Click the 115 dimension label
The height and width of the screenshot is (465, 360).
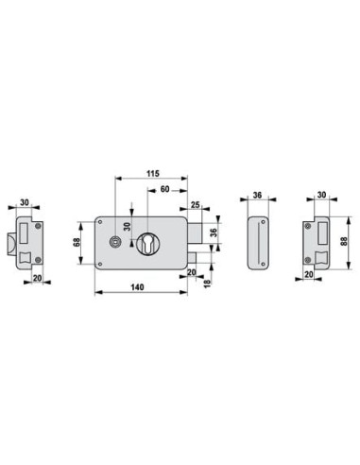153,173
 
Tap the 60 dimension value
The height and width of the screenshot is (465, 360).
164,189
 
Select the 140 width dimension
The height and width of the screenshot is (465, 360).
137,287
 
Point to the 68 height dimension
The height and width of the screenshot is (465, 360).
77,242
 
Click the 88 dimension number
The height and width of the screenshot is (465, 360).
344,241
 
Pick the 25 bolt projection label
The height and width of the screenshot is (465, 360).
196,205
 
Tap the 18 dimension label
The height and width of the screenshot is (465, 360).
207,284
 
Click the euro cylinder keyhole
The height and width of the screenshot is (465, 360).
147,243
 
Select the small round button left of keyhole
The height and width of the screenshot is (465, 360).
113,242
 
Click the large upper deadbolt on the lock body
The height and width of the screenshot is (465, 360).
195,232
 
